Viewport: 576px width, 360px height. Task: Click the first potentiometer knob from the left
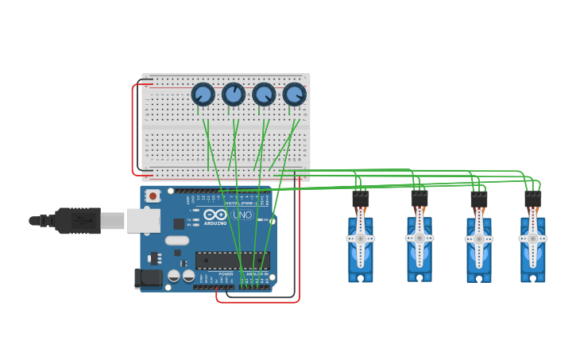coord(203,95)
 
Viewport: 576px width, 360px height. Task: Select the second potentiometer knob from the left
coord(234,95)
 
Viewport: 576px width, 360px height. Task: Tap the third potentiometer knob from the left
coord(264,95)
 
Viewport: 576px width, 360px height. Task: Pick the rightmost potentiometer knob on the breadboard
coord(294,95)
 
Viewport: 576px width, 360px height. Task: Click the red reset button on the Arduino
coord(152,195)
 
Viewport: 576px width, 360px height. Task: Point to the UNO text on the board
coord(242,215)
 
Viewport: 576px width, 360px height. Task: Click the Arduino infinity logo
coord(215,215)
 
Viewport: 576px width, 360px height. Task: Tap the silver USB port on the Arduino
coord(143,221)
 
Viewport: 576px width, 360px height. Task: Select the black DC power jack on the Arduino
coord(147,278)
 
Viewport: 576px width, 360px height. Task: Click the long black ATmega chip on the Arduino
coord(232,261)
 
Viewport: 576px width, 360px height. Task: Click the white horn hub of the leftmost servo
coord(360,238)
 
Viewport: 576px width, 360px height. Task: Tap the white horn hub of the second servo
coord(419,238)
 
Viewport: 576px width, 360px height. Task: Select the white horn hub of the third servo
coord(478,238)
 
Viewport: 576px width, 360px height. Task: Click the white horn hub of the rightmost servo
coord(532,238)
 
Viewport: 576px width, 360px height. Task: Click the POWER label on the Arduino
coord(226,274)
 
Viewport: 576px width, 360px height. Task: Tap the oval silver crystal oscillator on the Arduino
coord(177,241)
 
